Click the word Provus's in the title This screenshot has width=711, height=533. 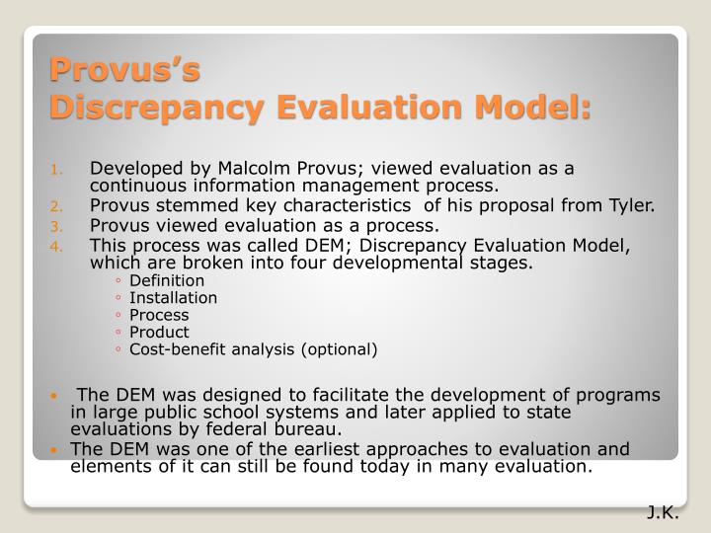pyautogui.click(x=125, y=71)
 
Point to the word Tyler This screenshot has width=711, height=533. pyautogui.click(x=631, y=205)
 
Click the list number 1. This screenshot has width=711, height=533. pyautogui.click(x=57, y=168)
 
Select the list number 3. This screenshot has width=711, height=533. pyautogui.click(x=57, y=225)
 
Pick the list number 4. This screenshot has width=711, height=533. pyautogui.click(x=57, y=245)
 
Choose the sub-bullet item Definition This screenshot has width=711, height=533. pyautogui.click(x=166, y=281)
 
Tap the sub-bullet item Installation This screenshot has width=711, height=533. pyautogui.click(x=173, y=298)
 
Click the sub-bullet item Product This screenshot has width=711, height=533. pyautogui.click(x=158, y=332)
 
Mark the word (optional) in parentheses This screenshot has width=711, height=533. pyautogui.click(x=340, y=348)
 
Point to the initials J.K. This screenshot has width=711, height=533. pyautogui.click(x=664, y=512)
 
